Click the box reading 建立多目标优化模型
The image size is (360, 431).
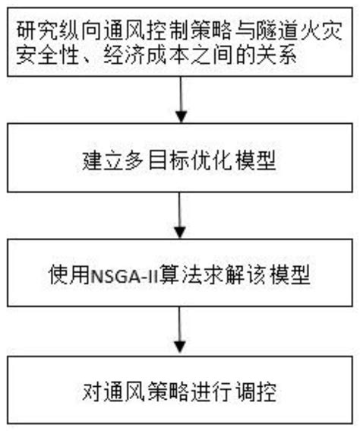tap(180, 162)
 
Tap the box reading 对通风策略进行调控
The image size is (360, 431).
tap(180, 393)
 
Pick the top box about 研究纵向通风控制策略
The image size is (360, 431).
tap(180, 43)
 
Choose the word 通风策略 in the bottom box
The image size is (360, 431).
tap(159, 393)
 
